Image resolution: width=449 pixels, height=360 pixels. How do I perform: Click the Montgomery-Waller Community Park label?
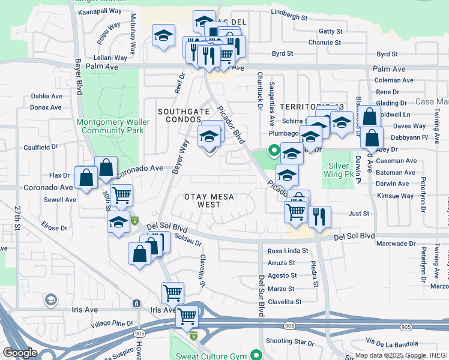tap(110, 126)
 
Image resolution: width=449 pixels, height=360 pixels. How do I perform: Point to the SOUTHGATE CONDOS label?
tap(184, 116)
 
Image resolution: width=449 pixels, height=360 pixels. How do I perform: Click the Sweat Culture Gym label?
tap(214, 356)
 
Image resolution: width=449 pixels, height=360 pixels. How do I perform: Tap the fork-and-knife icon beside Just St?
tap(319, 217)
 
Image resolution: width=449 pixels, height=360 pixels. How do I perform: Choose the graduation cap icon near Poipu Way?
tap(163, 35)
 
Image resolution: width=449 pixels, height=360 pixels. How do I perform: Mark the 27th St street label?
tap(17, 220)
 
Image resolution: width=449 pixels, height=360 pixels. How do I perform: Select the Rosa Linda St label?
tap(288, 251)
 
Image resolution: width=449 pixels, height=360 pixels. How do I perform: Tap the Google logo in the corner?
tap(20, 353)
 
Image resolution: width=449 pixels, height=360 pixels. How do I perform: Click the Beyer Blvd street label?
tap(78, 76)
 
